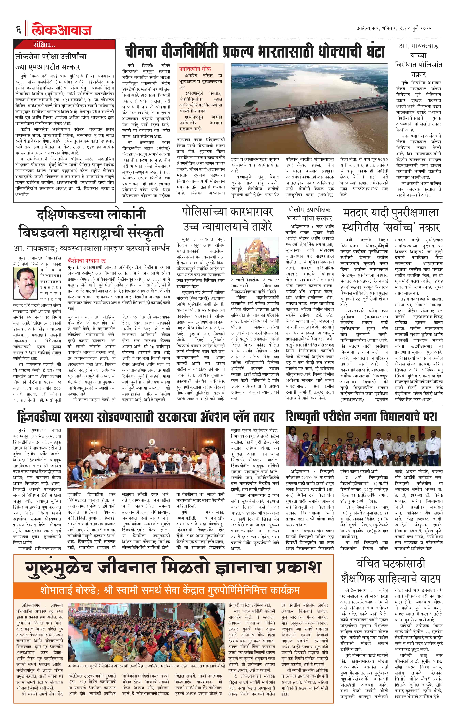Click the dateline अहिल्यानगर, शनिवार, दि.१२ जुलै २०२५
coord(394,29)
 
